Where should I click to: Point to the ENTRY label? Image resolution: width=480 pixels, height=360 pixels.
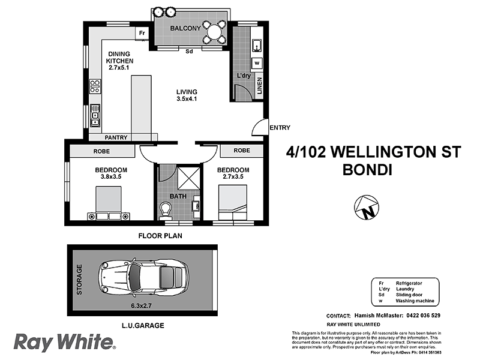(x=280, y=127)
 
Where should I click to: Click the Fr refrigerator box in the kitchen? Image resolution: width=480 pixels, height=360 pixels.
(x=142, y=32)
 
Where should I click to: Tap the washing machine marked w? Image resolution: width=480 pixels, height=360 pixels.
(x=256, y=62)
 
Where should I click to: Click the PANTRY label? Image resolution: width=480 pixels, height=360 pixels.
(x=116, y=137)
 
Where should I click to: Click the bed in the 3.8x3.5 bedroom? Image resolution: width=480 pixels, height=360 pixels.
(x=108, y=204)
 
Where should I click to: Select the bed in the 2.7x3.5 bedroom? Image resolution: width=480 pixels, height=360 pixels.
(x=232, y=204)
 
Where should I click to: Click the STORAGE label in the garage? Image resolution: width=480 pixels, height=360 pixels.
(x=78, y=279)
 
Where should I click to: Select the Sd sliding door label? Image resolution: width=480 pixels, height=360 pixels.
(x=188, y=51)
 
